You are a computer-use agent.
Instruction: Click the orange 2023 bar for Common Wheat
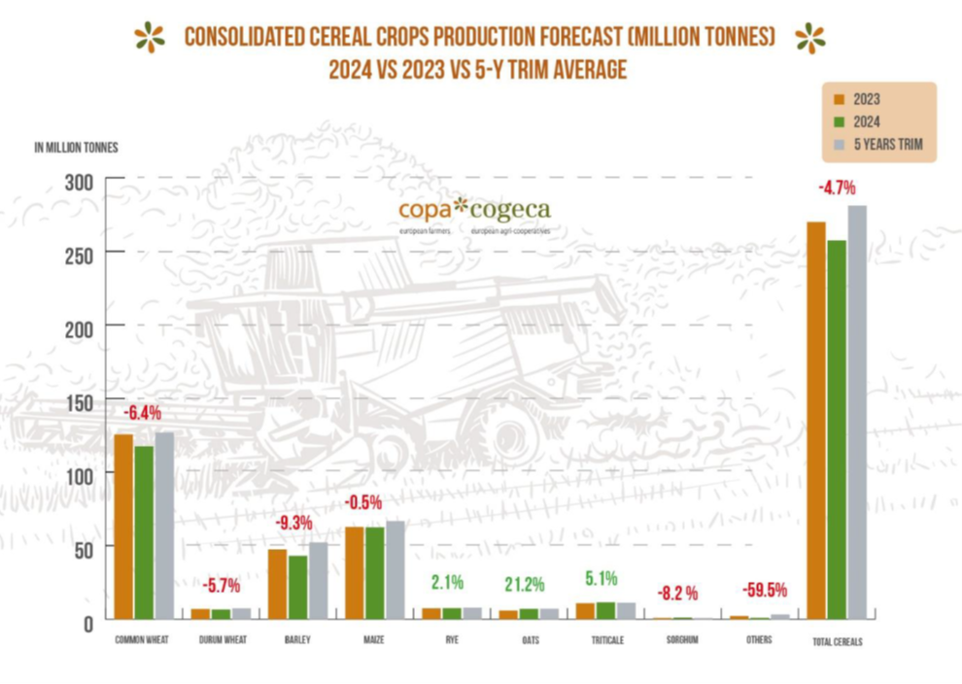coord(123,526)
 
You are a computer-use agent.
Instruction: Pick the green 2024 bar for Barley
coord(297,587)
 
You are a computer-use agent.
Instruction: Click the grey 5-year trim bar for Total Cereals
coord(856,412)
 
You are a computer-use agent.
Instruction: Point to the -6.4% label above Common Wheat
coord(141,412)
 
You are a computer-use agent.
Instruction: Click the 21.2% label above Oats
coord(525,585)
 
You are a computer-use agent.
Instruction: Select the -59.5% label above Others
coord(765,590)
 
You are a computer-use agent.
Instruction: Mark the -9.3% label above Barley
coord(292,523)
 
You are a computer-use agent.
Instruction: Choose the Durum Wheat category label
coord(221,640)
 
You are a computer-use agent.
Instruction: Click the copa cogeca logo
coord(474,213)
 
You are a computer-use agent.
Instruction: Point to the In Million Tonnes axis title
coord(76,148)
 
